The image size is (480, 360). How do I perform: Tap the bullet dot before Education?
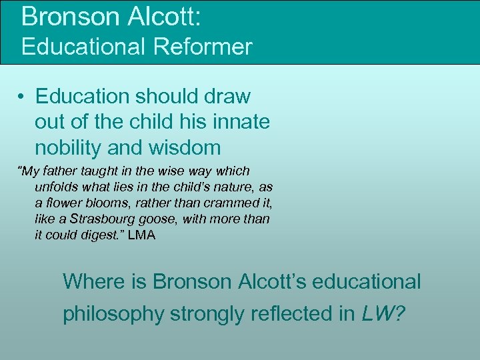(x=22, y=97)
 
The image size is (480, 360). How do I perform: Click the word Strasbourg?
(x=97, y=219)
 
